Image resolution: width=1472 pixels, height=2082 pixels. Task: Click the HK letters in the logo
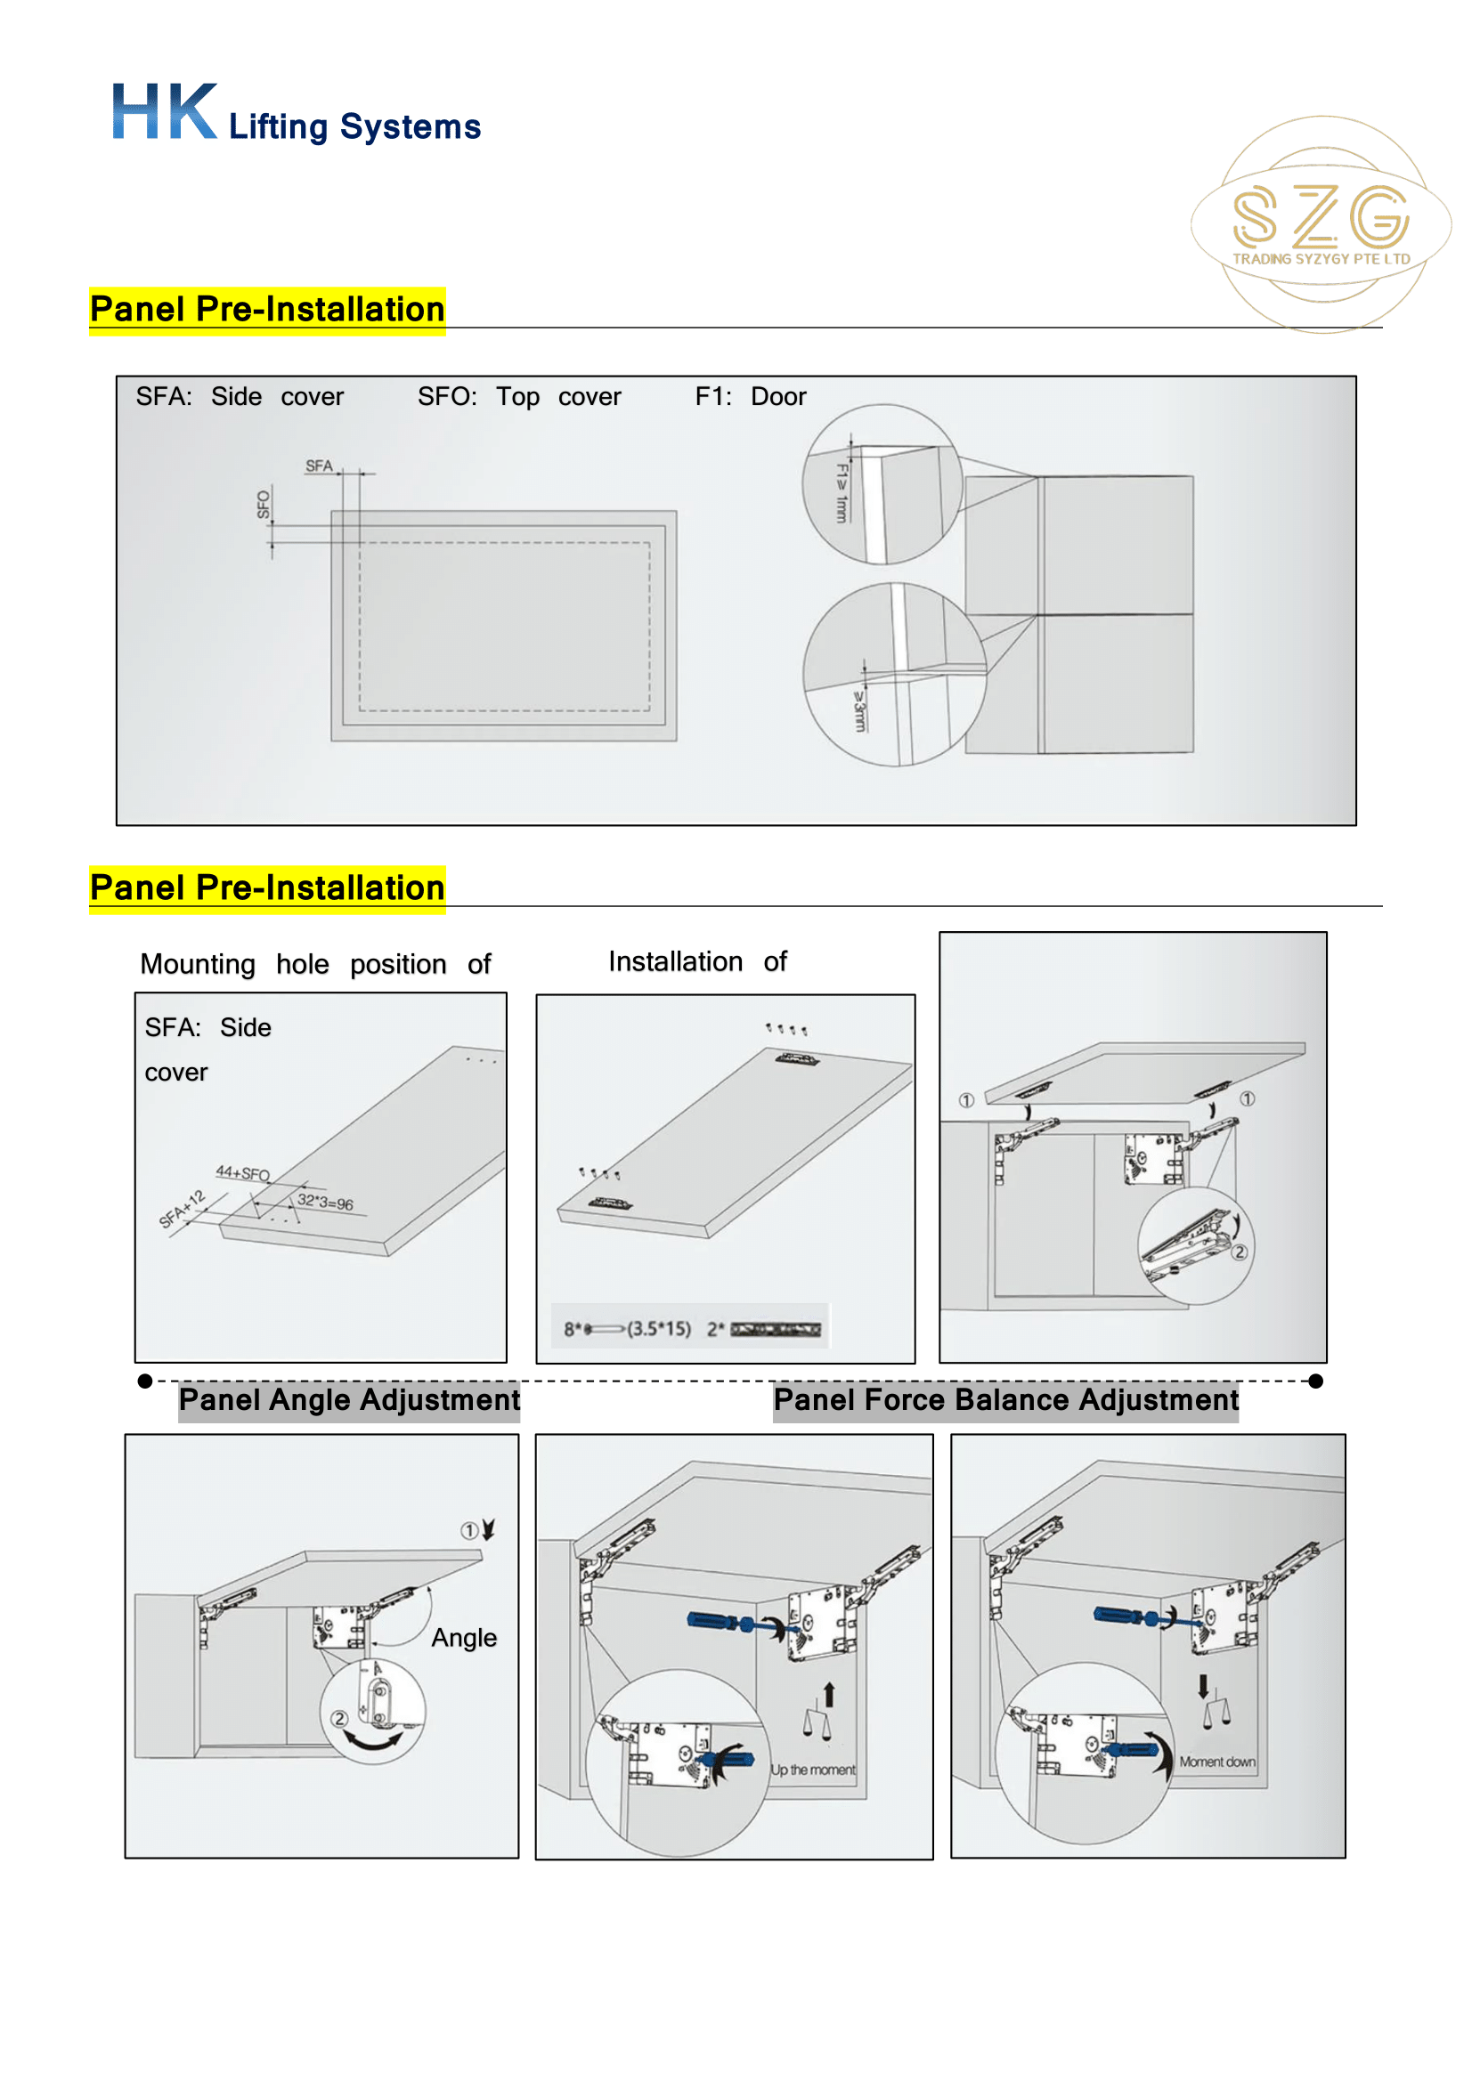click(164, 111)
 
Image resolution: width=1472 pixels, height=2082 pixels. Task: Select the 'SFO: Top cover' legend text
click(519, 396)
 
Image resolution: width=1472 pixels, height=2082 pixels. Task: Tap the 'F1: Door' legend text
click(750, 396)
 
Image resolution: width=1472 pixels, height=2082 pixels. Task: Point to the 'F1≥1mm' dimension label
click(841, 492)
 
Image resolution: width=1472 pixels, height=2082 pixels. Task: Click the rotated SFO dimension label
click(263, 504)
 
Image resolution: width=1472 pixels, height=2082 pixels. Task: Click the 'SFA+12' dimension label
click(183, 1209)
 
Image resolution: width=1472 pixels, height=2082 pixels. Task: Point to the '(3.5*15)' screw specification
click(658, 1328)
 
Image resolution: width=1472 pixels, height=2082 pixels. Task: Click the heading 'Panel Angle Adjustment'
click(349, 1399)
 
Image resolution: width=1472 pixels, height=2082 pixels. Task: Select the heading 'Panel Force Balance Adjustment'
click(1004, 1399)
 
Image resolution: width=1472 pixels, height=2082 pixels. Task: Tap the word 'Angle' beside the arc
click(463, 1637)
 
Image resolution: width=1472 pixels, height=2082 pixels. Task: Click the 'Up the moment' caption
click(813, 1770)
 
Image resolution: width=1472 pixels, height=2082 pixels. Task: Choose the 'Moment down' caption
click(1216, 1761)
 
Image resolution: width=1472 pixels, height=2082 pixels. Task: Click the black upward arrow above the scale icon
click(828, 1694)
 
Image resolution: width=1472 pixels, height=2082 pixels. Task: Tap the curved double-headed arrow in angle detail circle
click(373, 1740)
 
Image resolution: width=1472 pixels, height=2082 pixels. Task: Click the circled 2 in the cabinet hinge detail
click(1239, 1252)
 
